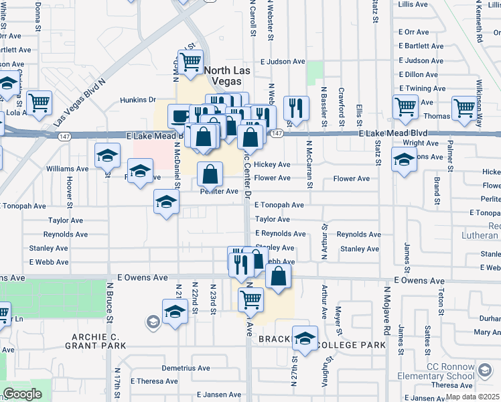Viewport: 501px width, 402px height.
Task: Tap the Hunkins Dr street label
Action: (x=138, y=100)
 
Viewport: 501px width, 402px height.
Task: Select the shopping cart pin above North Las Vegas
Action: (x=191, y=62)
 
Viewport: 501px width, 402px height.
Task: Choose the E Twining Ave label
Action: (x=422, y=88)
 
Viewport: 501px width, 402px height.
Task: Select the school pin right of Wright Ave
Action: (x=403, y=160)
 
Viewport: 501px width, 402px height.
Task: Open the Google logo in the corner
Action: (x=22, y=394)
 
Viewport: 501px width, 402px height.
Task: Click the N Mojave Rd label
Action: (x=386, y=312)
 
